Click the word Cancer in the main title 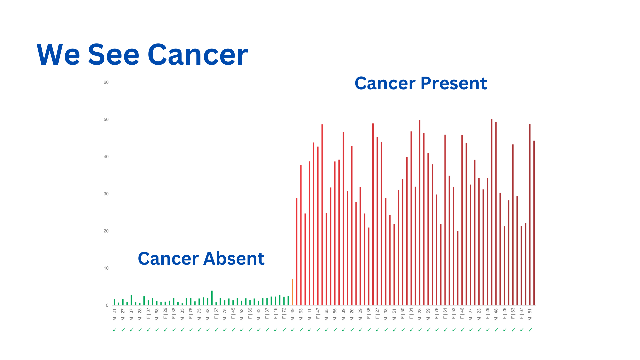pos(198,55)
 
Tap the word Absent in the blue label pos(234,259)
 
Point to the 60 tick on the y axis pos(106,82)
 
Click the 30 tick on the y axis pos(106,194)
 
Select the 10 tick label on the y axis pos(106,268)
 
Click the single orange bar pos(292,292)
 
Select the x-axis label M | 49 pos(292,314)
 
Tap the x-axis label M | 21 pos(114,314)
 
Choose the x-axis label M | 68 pos(157,314)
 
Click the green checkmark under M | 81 pos(530,330)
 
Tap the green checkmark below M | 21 pos(115,330)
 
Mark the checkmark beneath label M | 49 pos(293,330)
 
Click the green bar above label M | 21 pos(114,302)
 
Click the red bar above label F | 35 pos(369,267)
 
